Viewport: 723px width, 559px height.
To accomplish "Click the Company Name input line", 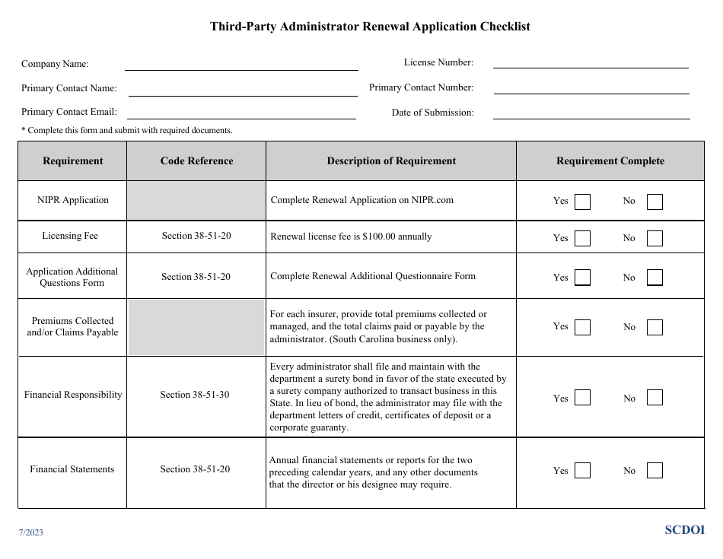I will click(241, 64).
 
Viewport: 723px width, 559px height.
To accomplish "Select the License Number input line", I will click(591, 62).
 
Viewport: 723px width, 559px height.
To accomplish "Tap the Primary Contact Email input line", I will click(241, 113).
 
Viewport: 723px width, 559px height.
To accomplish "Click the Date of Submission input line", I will click(591, 113).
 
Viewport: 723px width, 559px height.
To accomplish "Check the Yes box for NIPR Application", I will click(582, 202).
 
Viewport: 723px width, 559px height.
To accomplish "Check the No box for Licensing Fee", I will click(655, 239).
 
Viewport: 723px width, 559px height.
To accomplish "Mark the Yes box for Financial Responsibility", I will click(582, 398).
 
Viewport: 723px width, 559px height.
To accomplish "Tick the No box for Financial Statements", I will click(655, 471).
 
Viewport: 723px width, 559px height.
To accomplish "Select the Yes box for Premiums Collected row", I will click(582, 327).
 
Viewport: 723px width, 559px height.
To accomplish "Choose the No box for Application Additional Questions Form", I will click(655, 278).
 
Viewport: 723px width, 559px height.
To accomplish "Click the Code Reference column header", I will click(196, 161).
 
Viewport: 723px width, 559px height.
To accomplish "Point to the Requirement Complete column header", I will click(610, 161).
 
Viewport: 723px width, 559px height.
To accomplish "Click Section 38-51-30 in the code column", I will click(195, 395).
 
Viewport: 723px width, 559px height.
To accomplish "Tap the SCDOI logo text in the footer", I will click(684, 530).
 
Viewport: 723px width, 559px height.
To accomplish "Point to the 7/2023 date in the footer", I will click(31, 532).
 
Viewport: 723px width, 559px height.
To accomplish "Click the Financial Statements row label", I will click(72, 469).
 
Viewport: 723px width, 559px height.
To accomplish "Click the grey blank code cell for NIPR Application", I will click(196, 201).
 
